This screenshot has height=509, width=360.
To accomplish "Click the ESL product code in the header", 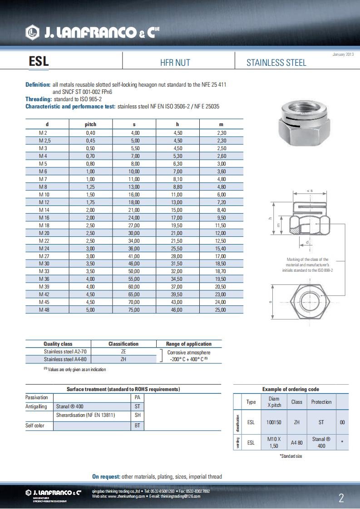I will (39, 62).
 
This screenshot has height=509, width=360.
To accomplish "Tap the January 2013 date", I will (343, 54).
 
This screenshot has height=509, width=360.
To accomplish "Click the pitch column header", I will (90, 124).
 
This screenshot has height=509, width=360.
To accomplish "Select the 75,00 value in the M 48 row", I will (134, 310).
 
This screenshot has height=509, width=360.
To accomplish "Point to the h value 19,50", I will (178, 225).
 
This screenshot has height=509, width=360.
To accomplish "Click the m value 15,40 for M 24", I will (221, 249).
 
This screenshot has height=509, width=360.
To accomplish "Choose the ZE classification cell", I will (123, 352).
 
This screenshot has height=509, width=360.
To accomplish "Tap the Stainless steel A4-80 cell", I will (65, 359).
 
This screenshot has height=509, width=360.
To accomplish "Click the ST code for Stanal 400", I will (138, 406).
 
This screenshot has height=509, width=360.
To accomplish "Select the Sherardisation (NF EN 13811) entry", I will (85, 415).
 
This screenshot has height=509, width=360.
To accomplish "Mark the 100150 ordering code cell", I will (274, 422).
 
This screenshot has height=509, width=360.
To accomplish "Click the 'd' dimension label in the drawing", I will (308, 242).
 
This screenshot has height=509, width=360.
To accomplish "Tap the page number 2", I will (341, 499).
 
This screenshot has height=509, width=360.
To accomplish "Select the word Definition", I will (38, 84).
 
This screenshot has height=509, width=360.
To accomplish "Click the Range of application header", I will (189, 344).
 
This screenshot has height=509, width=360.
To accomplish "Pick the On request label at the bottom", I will (106, 476).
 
